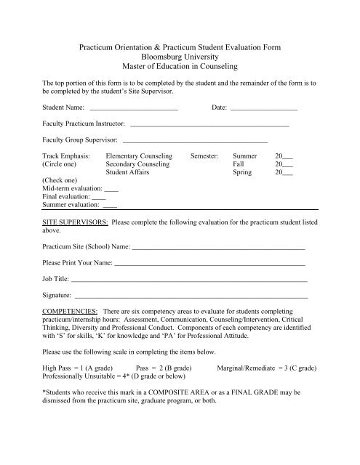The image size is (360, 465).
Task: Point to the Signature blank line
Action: [x=191, y=297]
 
